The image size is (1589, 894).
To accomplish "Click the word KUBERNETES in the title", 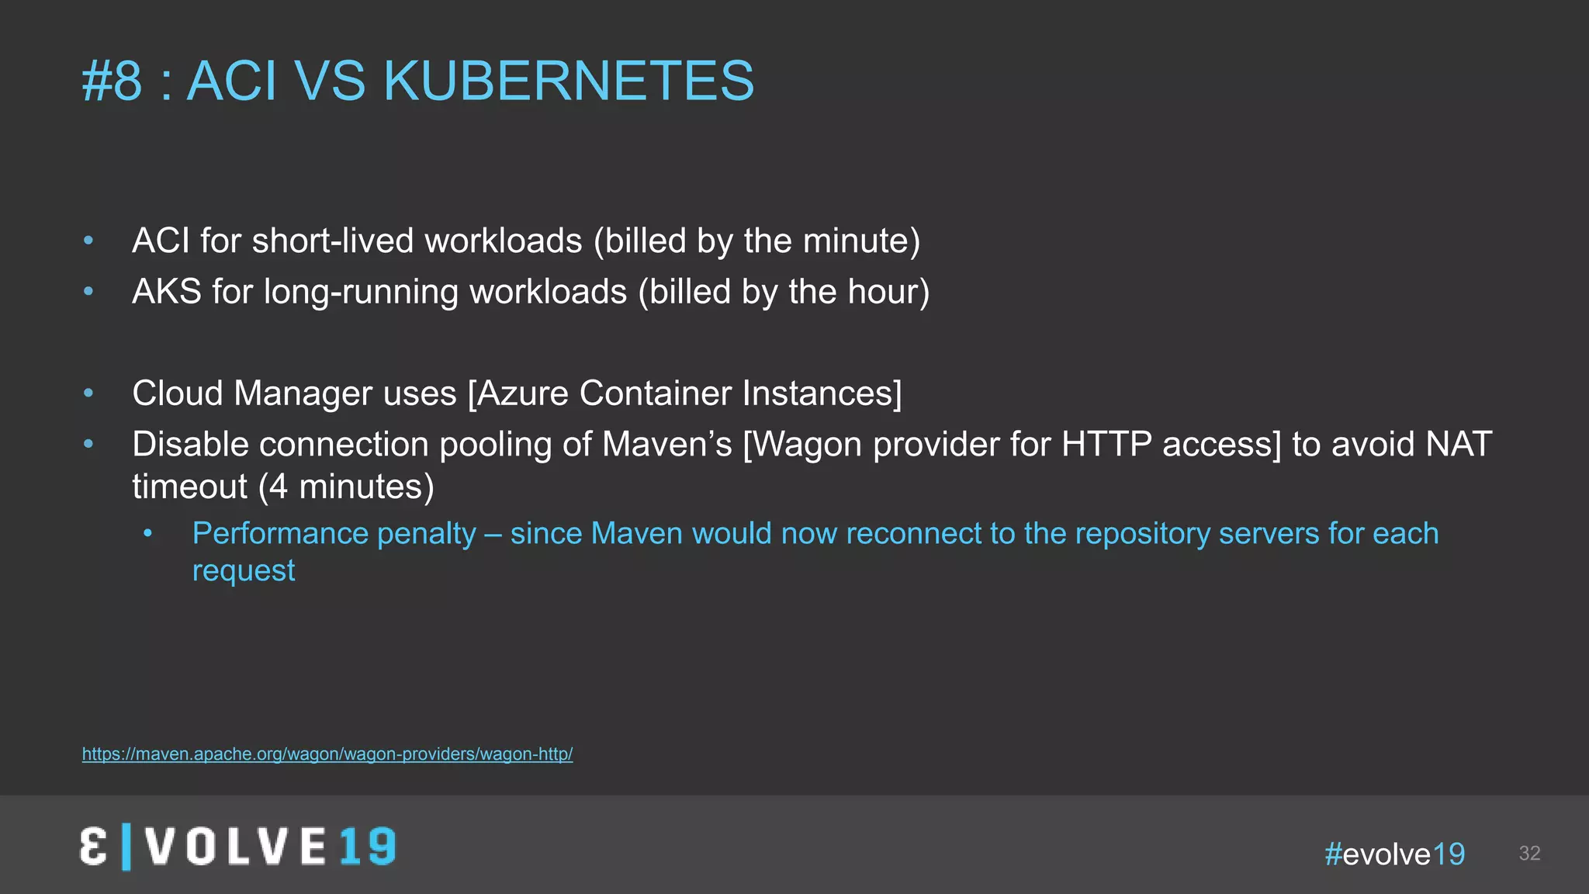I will pos(568,81).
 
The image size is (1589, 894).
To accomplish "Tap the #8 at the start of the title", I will pos(113,81).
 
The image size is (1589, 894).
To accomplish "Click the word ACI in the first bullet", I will pos(161,241).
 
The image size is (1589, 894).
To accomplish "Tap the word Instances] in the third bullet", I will pos(822,393).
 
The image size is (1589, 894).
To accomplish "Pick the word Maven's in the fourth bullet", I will pos(666,445).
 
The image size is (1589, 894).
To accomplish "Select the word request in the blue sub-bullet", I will pos(244,571).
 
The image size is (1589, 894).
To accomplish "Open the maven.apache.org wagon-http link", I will pos(327,754).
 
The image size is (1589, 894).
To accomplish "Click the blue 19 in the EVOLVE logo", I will pos(368,847).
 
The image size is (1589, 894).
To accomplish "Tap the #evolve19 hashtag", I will pos(1394,854).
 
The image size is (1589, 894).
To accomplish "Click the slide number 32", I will pos(1529,854).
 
